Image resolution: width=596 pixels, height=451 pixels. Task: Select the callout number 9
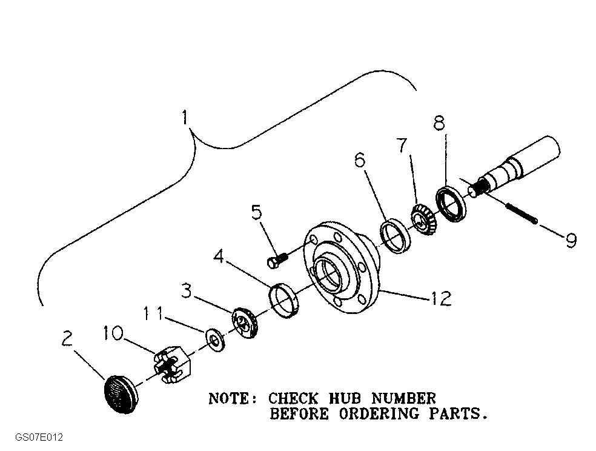[570, 240]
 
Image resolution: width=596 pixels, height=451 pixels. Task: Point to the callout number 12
[441, 298]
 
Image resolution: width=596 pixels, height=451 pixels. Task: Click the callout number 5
[257, 213]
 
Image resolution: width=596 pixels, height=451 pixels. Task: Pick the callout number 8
[439, 123]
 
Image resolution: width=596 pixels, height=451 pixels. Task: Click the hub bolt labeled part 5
[276, 261]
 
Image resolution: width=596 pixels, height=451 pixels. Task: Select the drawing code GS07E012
[39, 438]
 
